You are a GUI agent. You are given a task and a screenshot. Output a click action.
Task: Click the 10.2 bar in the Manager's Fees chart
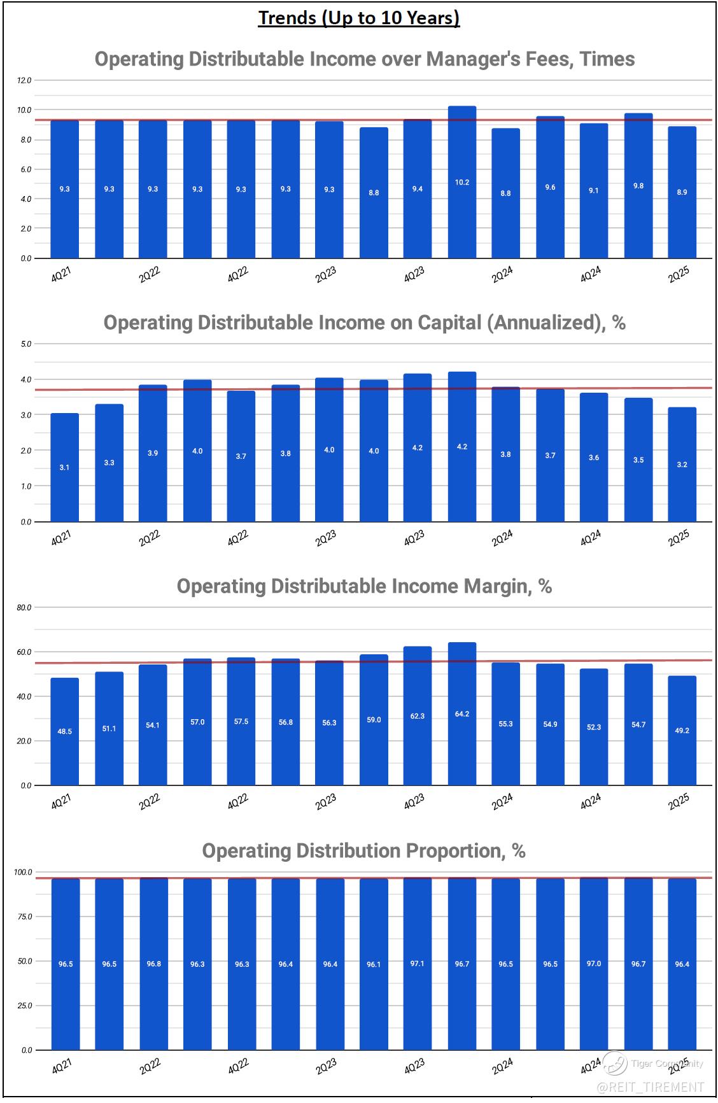(x=461, y=182)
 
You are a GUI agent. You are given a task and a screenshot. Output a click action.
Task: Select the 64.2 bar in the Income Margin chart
(x=461, y=713)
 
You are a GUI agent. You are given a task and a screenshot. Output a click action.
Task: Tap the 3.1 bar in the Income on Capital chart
(x=64, y=467)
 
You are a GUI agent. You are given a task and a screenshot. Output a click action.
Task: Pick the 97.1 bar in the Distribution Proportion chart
(x=417, y=964)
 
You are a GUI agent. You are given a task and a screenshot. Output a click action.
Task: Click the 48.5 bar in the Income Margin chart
(x=64, y=731)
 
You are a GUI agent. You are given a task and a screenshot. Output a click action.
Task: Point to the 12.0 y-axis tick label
(x=24, y=80)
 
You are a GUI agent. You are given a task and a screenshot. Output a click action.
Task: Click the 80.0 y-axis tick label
(x=24, y=608)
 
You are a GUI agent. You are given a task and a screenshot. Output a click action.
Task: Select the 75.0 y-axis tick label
(x=24, y=917)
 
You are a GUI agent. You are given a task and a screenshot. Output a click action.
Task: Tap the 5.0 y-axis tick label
(x=25, y=344)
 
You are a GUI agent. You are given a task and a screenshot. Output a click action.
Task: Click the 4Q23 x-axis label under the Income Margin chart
(x=414, y=802)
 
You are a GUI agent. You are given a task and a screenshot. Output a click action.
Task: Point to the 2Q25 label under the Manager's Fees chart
(x=679, y=274)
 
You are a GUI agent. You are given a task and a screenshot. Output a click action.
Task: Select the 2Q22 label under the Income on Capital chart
(x=150, y=538)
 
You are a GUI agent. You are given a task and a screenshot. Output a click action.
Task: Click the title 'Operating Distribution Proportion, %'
(x=363, y=851)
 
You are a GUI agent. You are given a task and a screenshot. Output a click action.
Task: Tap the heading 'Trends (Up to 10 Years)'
(x=358, y=18)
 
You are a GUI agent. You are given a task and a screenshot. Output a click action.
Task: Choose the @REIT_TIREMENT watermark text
(x=651, y=1087)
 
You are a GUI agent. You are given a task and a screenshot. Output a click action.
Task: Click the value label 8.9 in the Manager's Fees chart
(x=682, y=192)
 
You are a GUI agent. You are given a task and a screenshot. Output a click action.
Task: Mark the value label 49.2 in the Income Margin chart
(x=682, y=731)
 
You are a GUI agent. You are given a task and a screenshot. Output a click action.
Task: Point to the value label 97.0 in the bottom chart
(x=593, y=964)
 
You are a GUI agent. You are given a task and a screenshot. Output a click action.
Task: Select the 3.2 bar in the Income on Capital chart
(x=682, y=465)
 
